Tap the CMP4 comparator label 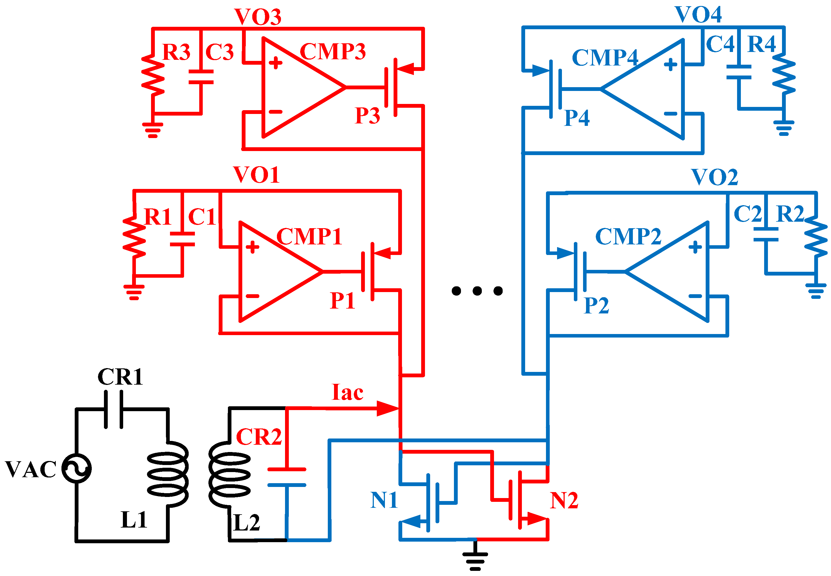point(605,58)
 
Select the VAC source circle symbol point(76,469)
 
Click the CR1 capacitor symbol point(114,409)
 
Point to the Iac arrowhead point(388,408)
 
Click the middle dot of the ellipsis point(477,290)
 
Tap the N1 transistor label point(384,500)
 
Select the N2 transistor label point(564,500)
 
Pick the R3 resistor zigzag point(153,75)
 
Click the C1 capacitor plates point(182,239)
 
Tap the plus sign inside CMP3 point(275,63)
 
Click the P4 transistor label point(577,118)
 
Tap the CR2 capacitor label point(259,437)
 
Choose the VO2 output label point(714,177)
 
